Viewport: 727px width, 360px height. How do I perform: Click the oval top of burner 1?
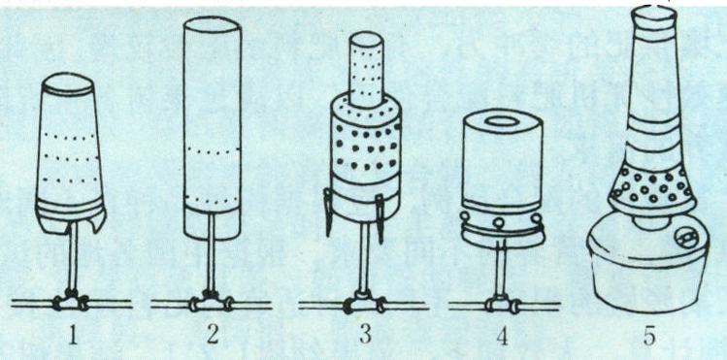(68, 83)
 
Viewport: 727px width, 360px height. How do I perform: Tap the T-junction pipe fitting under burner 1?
(71, 301)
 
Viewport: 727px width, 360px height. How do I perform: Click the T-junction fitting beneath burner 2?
(211, 302)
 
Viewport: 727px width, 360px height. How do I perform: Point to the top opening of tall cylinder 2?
(212, 25)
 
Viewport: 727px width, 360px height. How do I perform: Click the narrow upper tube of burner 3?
(366, 70)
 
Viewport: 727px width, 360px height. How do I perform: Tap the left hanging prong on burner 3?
(328, 213)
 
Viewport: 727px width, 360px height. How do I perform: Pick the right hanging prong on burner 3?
(380, 217)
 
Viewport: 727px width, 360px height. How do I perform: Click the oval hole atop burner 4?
(503, 121)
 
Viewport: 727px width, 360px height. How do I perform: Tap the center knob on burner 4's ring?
(498, 224)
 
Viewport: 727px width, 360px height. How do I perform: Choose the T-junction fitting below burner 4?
(502, 304)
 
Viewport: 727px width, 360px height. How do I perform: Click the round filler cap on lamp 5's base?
(686, 237)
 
